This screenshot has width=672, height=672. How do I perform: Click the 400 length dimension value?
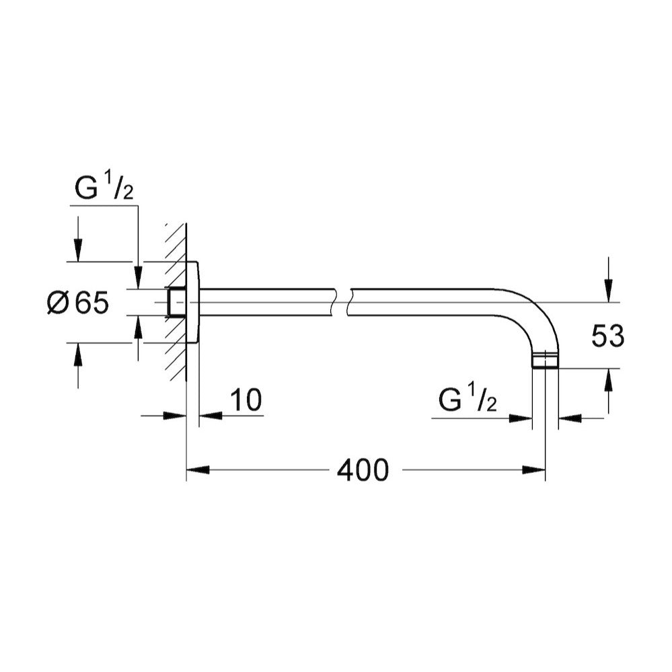(363, 470)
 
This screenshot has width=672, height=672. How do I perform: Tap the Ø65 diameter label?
(78, 303)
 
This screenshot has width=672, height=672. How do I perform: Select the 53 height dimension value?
(607, 336)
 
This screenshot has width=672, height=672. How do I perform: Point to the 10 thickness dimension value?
(246, 400)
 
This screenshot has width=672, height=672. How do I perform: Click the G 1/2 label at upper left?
(104, 188)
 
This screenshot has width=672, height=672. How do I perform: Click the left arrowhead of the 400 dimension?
(198, 470)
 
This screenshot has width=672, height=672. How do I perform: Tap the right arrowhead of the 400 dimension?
(534, 470)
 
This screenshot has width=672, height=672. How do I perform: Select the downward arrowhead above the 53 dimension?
(608, 291)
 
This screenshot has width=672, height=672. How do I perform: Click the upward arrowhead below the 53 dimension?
(608, 379)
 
